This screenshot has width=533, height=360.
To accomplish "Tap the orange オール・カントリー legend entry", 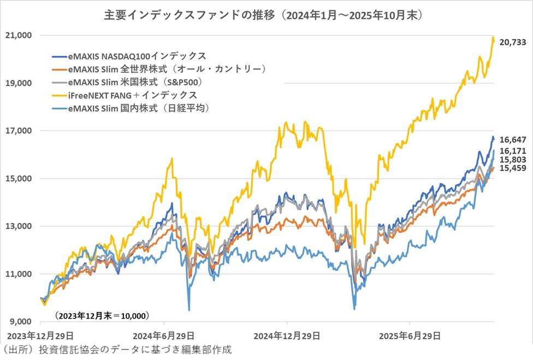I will [159, 69].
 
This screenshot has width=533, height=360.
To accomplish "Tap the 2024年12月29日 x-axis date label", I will [287, 334].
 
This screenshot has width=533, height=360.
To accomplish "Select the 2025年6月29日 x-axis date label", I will [410, 334].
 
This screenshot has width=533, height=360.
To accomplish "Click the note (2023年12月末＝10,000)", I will [102, 315].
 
